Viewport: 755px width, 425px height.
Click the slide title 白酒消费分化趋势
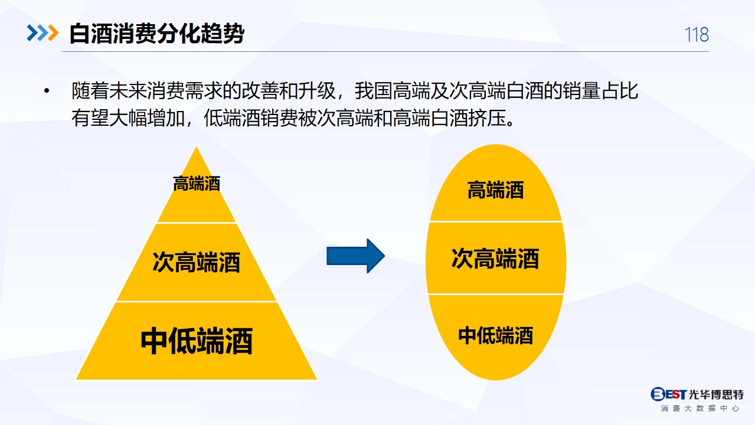[x=157, y=34]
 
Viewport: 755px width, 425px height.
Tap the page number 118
[x=697, y=35]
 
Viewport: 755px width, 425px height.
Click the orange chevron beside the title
[x=53, y=32]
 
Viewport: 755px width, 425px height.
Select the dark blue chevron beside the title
[x=32, y=32]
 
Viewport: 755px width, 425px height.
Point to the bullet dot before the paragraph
[x=47, y=90]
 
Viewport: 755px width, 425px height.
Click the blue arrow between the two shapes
[x=355, y=256]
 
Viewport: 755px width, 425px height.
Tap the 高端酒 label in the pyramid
[x=197, y=184]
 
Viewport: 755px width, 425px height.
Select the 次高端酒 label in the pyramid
[x=196, y=262]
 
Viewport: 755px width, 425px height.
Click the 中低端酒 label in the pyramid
[x=197, y=341]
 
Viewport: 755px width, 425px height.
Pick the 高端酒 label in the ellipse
[x=495, y=189]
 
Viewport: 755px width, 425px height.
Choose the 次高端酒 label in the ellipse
[x=495, y=259]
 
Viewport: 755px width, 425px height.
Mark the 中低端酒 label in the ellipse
[x=495, y=335]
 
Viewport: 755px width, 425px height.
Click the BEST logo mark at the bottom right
[x=668, y=394]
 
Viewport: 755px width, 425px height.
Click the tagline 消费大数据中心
[x=700, y=408]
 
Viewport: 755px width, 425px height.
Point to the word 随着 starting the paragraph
[x=90, y=90]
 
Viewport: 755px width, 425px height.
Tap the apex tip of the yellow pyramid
[x=197, y=146]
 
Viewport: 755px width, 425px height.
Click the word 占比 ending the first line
[x=619, y=90]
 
